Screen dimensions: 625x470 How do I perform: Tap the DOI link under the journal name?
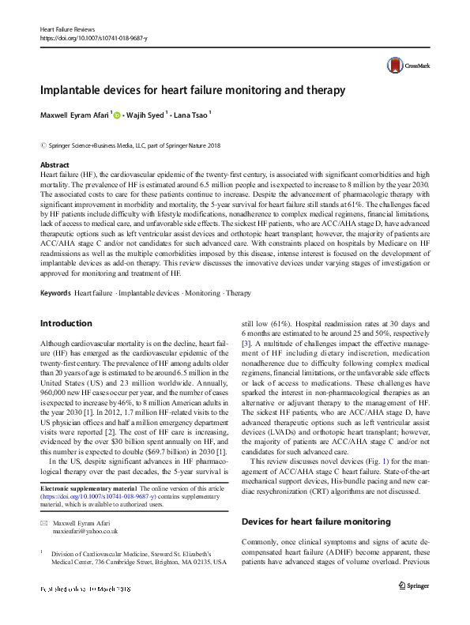(x=95, y=37)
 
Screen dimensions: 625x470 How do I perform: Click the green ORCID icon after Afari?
(x=117, y=115)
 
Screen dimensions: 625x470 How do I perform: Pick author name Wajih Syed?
(x=147, y=115)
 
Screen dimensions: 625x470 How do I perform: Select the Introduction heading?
(x=66, y=323)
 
